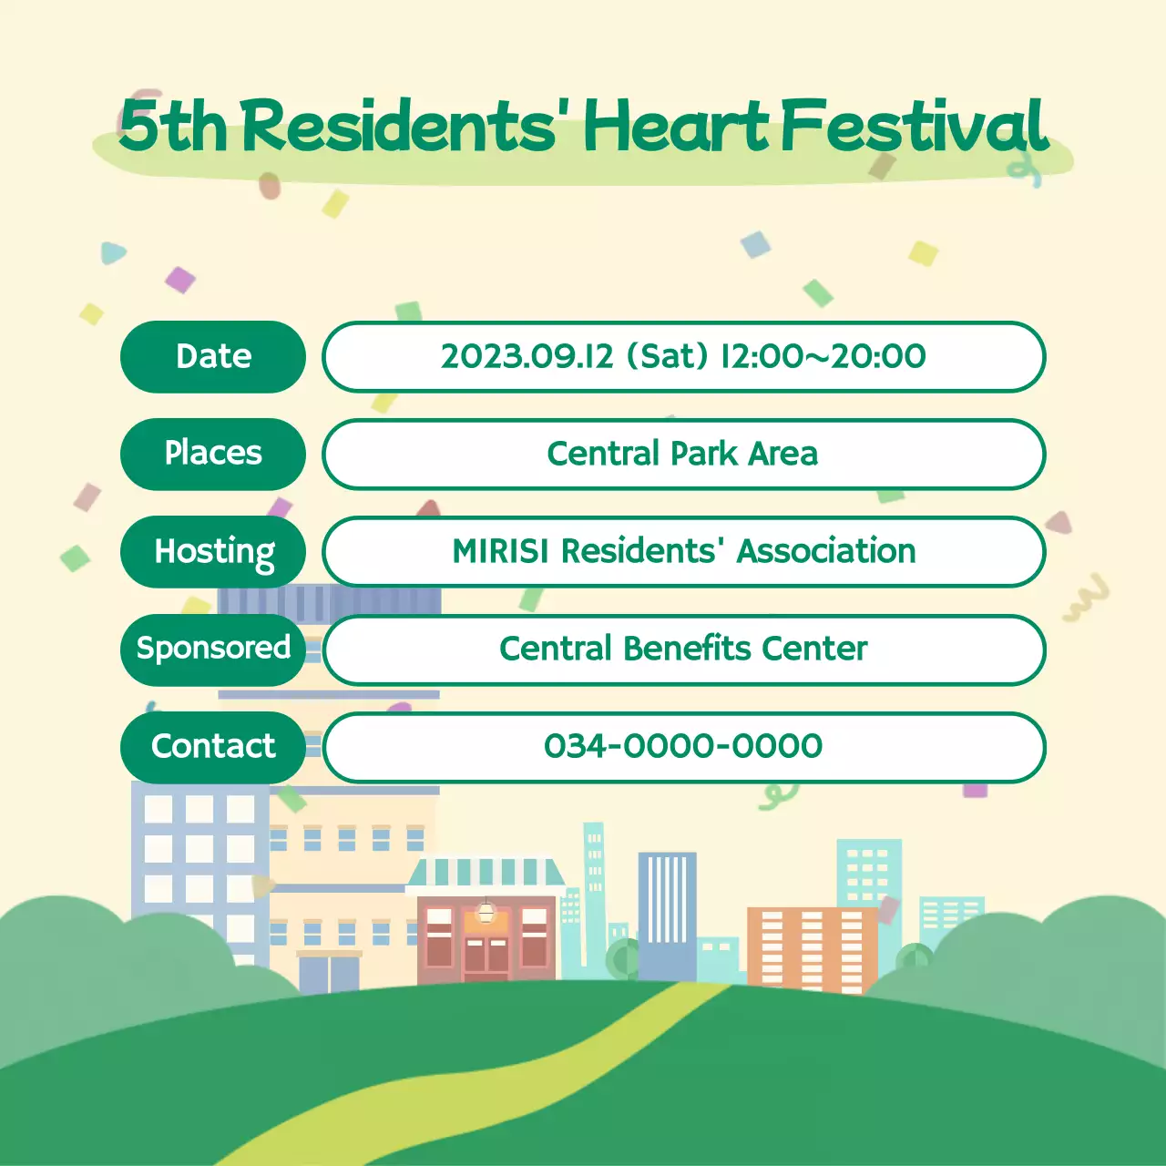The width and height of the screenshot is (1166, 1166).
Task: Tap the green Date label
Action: pyautogui.click(x=213, y=356)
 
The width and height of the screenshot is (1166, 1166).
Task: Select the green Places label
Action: pyautogui.click(x=213, y=454)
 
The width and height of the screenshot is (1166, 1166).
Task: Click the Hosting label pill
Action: pyautogui.click(x=213, y=551)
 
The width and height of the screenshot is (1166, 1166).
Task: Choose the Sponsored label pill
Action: pyautogui.click(x=213, y=649)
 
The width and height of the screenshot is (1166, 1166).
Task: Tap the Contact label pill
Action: pyautogui.click(x=213, y=746)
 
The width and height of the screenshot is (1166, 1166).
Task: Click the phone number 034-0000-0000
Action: pyautogui.click(x=683, y=746)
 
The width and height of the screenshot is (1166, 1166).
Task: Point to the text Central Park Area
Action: pyautogui.click(x=683, y=454)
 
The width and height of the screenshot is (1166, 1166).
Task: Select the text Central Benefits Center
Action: pyautogui.click(x=683, y=649)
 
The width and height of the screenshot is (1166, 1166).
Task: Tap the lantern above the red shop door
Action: pyautogui.click(x=486, y=911)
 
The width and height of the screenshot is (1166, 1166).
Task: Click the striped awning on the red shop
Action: pyautogui.click(x=486, y=872)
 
